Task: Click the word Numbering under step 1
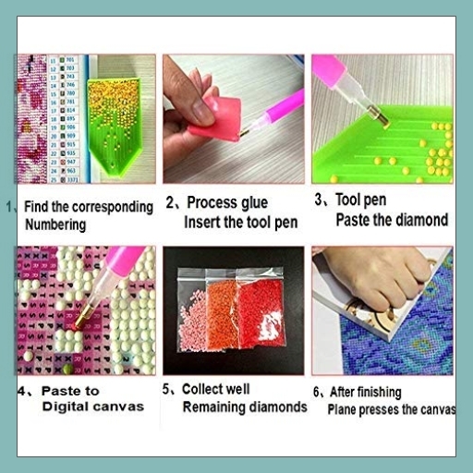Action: [55, 224]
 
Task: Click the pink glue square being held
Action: [220, 115]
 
